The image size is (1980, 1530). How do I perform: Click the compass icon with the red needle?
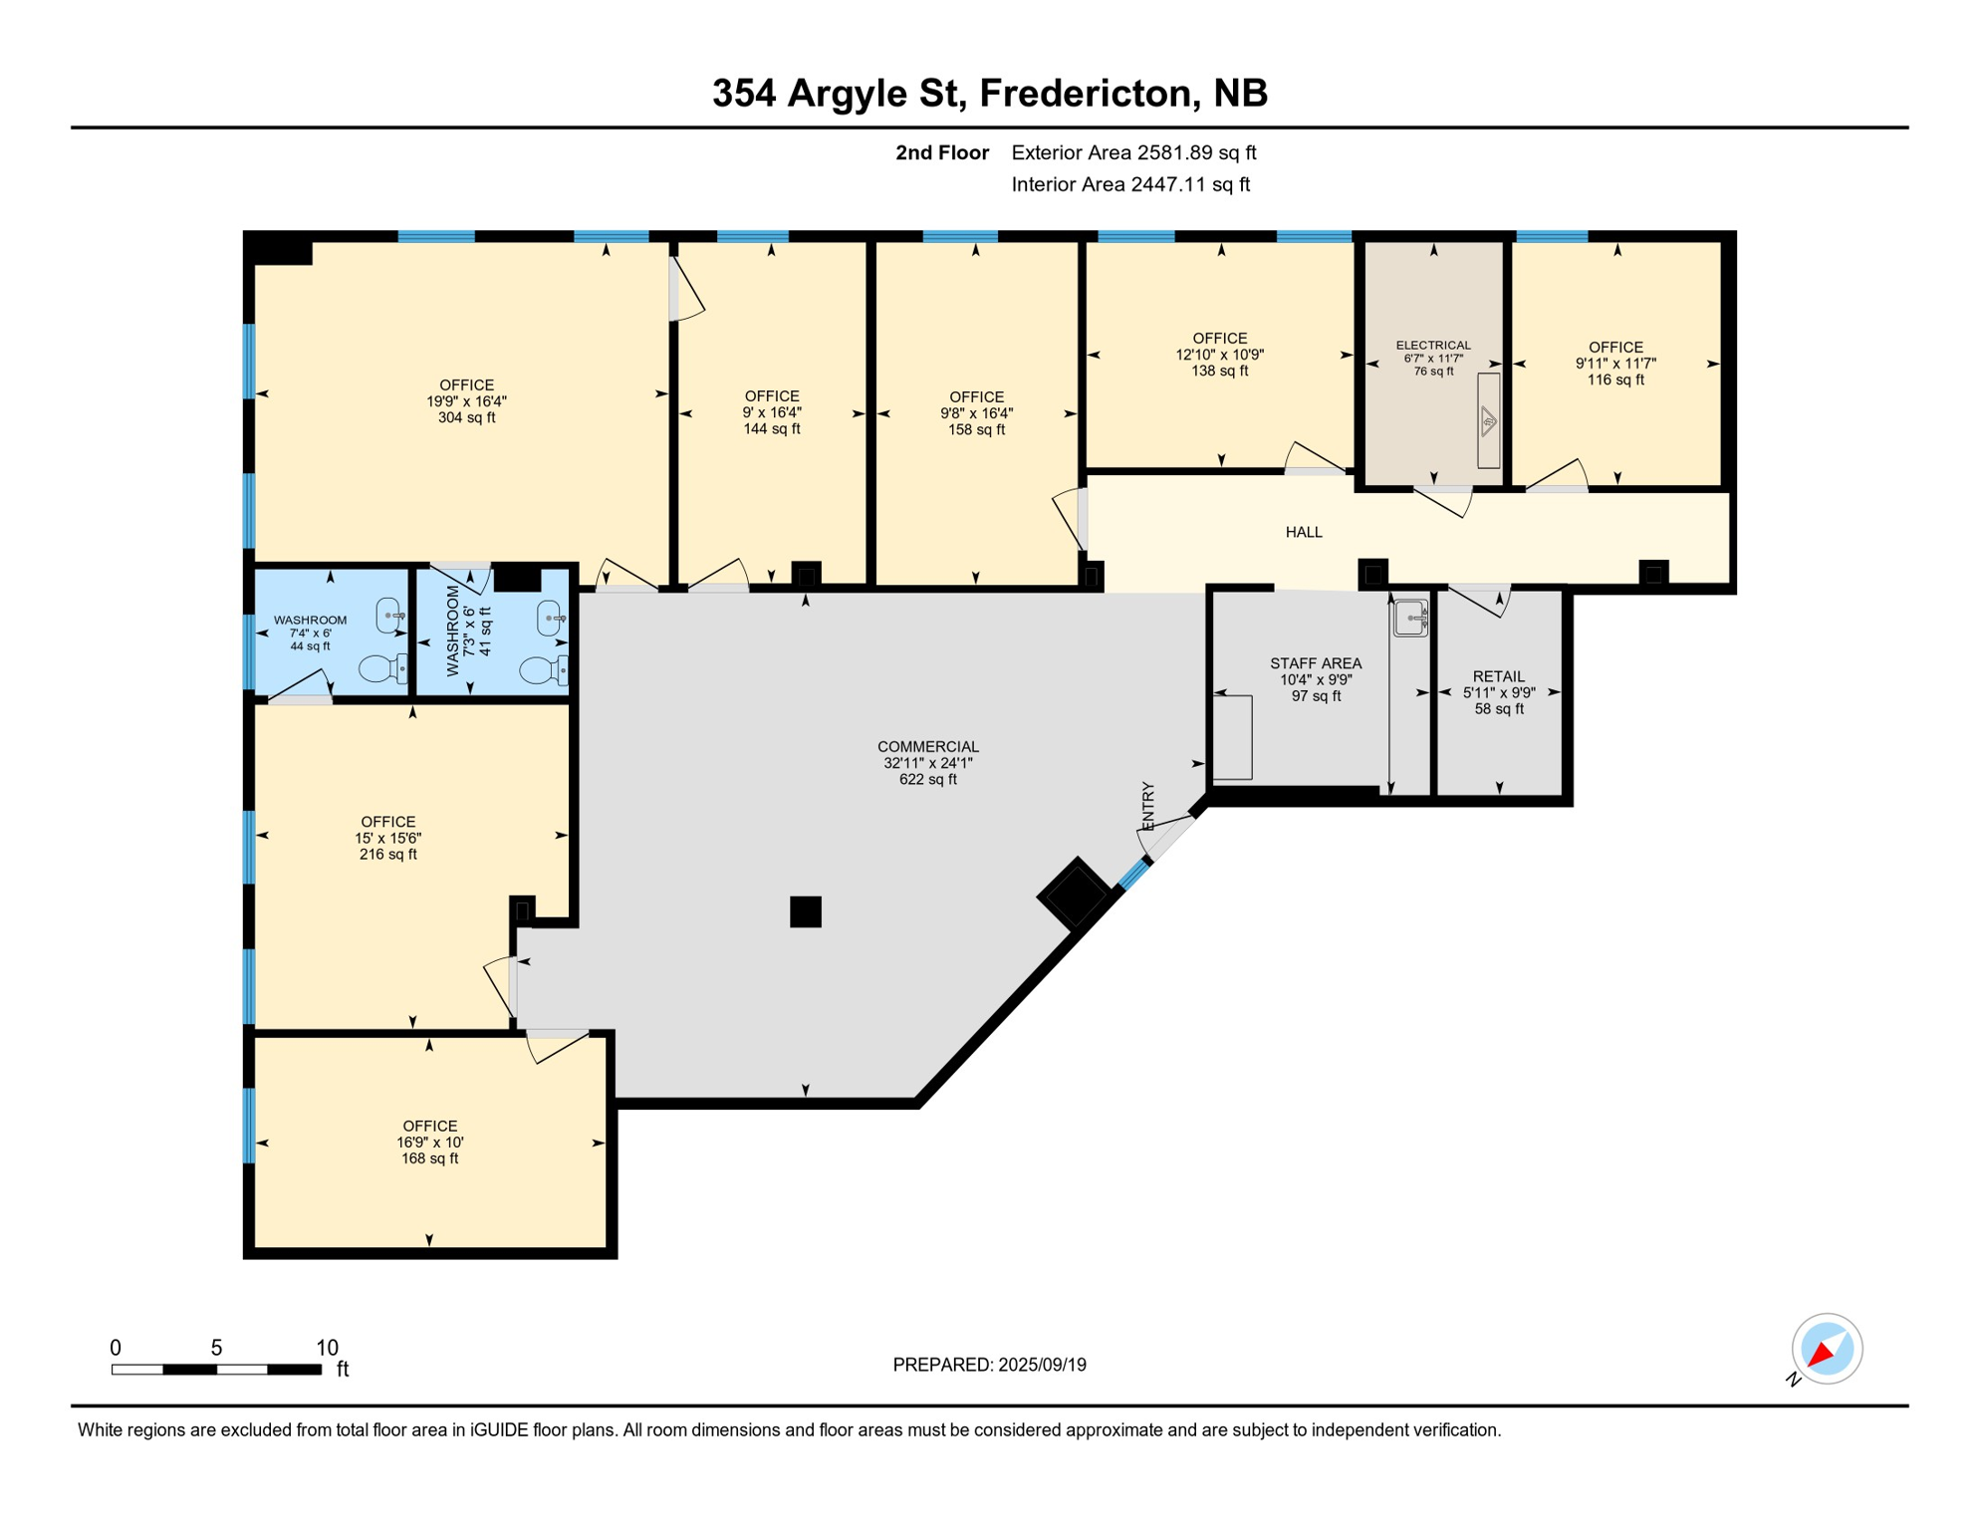[x=1826, y=1349]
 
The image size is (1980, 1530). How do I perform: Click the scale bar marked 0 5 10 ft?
[x=216, y=1370]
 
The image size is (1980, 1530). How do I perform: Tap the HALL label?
[x=1303, y=532]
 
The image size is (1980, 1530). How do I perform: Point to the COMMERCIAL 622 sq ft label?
[x=927, y=762]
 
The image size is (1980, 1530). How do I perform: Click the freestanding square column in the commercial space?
[x=805, y=911]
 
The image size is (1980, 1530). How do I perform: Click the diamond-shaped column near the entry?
[x=1075, y=892]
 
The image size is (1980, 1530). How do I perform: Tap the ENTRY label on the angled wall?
[x=1147, y=805]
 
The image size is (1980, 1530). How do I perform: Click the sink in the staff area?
[x=1409, y=618]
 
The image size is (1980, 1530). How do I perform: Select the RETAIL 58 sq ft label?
[x=1498, y=692]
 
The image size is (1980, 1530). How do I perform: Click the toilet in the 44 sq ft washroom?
[x=381, y=668]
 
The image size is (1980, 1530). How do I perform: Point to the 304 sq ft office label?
[x=466, y=400]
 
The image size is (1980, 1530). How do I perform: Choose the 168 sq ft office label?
[x=429, y=1142]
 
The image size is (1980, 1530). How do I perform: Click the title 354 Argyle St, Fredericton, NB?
[x=989, y=93]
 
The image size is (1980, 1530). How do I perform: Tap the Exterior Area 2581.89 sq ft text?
[x=1132, y=152]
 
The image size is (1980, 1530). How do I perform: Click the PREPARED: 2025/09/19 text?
[x=989, y=1365]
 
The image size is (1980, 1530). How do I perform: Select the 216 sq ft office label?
[x=387, y=838]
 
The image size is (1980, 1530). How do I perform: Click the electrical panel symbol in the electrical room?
[x=1487, y=420]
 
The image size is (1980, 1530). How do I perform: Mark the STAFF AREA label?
[x=1315, y=678]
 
